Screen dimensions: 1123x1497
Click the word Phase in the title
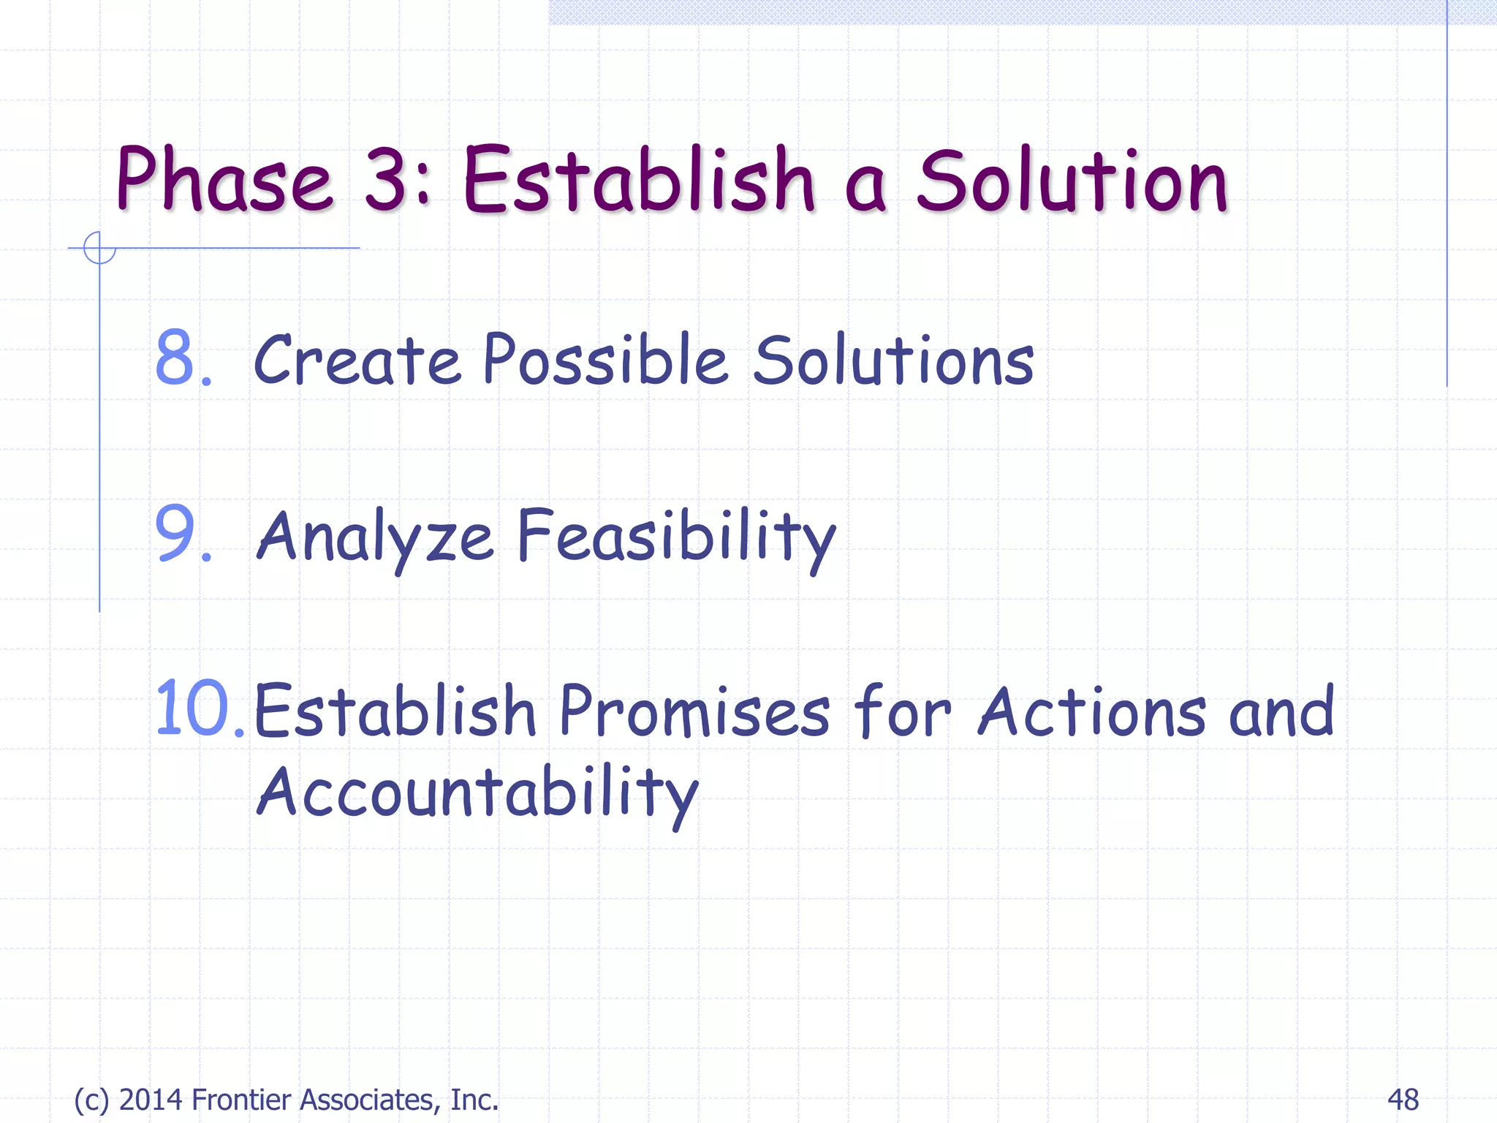tap(224, 180)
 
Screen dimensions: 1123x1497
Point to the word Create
tap(357, 360)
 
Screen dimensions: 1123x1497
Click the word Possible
tap(605, 360)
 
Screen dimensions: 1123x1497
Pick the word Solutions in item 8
tap(893, 360)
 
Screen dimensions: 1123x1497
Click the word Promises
tap(694, 711)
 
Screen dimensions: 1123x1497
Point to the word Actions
tap(1092, 711)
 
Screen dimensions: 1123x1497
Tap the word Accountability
tap(478, 793)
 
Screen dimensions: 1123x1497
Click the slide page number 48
tap(1402, 1099)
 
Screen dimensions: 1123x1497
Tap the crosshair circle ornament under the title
tap(99, 248)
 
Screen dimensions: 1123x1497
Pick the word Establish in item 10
tap(395, 711)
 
